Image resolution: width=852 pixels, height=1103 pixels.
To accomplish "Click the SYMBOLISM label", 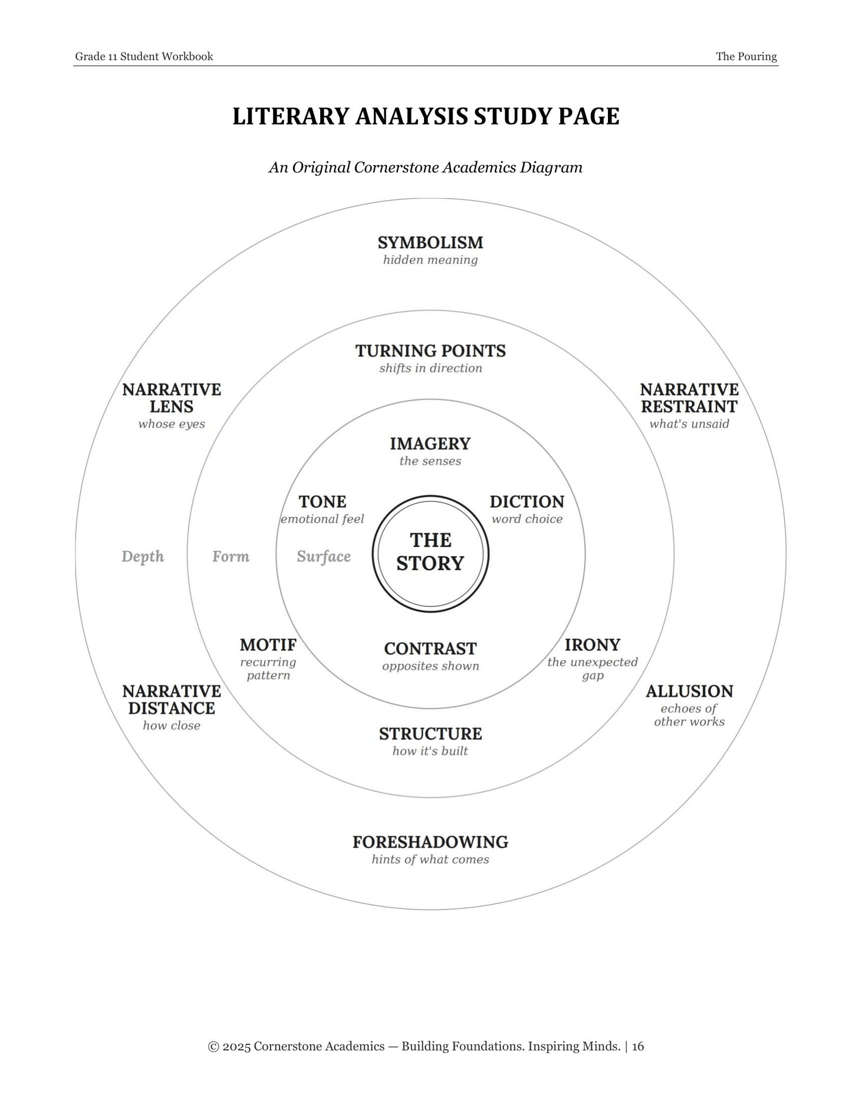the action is [430, 242].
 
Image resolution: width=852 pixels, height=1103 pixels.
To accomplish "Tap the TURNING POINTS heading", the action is [430, 351].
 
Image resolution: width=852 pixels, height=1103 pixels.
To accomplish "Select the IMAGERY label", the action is [430, 444].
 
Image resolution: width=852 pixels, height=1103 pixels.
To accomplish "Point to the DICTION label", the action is [527, 502].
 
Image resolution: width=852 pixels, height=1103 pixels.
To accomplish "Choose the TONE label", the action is [323, 502].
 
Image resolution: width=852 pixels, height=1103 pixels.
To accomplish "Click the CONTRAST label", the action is [430, 649].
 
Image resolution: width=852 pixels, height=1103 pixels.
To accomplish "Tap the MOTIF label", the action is [268, 645].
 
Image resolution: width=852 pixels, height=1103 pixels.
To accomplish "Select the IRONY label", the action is [593, 645].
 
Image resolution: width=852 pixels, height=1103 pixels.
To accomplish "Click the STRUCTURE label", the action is [430, 734].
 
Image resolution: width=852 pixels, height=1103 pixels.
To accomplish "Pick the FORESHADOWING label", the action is [430, 842].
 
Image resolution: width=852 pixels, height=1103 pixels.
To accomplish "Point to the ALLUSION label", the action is [689, 691].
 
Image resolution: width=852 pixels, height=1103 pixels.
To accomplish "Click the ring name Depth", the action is [143, 557].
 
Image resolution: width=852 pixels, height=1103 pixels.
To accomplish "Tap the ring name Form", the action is [231, 557].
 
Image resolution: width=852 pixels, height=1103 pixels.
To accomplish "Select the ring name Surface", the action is [324, 557].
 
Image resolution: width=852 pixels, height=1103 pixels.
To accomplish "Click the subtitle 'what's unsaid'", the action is [689, 424].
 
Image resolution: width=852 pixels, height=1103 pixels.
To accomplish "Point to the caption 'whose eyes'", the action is [172, 424].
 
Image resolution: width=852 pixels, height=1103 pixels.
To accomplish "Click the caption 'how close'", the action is [172, 726].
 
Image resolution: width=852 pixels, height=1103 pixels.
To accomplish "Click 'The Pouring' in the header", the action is [746, 57].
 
